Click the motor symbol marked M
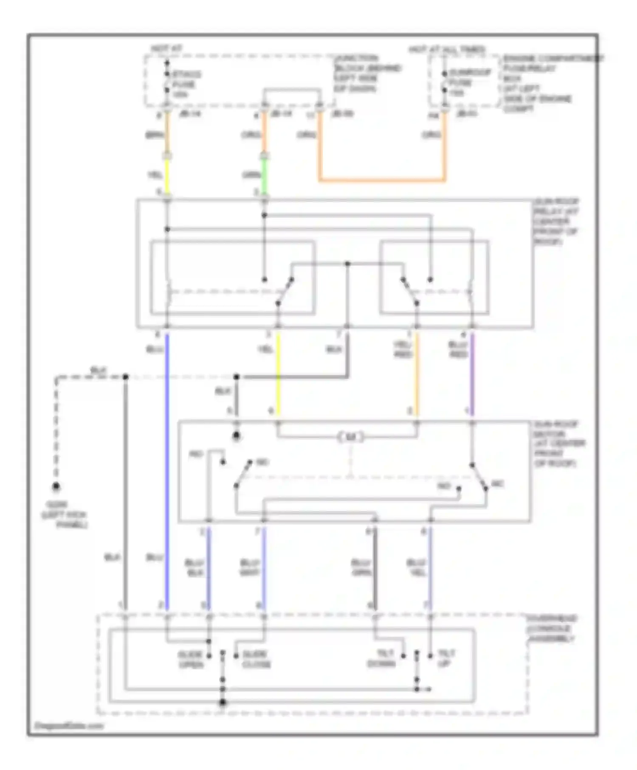(351, 437)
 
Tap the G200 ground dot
(56, 486)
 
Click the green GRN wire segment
(264, 175)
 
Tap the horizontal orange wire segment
(382, 180)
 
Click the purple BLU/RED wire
(472, 374)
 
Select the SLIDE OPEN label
(191, 659)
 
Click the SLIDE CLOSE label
(256, 659)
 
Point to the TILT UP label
(445, 658)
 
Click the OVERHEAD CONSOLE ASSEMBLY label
(551, 628)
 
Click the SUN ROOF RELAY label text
(555, 221)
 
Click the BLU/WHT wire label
(249, 568)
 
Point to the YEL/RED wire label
(403, 349)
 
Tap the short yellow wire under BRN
(167, 175)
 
